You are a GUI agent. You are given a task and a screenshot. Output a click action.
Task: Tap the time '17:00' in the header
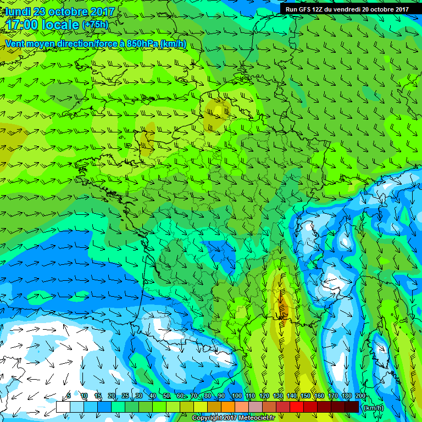click(x=24, y=25)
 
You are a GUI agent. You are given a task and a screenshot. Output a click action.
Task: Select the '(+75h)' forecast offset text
click(x=95, y=25)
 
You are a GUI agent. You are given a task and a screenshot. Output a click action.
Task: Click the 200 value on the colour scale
click(x=360, y=396)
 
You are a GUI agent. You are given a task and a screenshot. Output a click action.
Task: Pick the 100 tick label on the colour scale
click(x=237, y=396)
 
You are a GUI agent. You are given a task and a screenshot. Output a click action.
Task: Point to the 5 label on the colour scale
click(x=69, y=396)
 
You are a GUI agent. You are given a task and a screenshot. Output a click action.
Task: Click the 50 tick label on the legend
click(x=166, y=396)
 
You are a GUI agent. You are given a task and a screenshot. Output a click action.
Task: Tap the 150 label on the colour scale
click(x=306, y=396)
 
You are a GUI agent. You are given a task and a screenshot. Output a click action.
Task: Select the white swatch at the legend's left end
click(x=63, y=407)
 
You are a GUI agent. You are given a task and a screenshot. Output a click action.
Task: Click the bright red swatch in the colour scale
click(x=296, y=407)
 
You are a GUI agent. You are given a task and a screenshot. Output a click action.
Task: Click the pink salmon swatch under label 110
click(x=241, y=407)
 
